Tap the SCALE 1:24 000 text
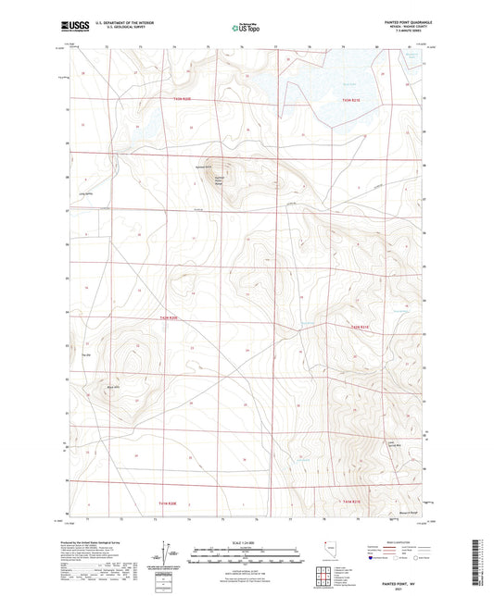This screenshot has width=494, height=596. tap(246, 541)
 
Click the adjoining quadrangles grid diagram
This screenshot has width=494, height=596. tap(326, 576)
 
